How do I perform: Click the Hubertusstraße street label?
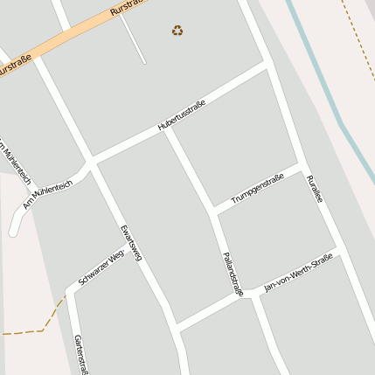(x=182, y=117)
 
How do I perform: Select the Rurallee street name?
(x=315, y=189)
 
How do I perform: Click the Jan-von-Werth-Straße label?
(x=299, y=273)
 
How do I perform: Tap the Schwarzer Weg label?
(x=101, y=267)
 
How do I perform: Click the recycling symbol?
(x=177, y=31)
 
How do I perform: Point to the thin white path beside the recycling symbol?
(x=132, y=38)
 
